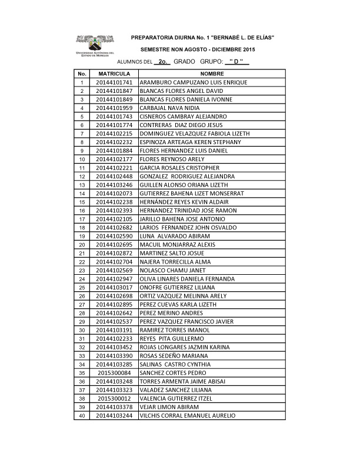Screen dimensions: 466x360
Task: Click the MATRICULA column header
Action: click(114, 74)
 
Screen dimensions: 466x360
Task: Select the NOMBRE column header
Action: click(211, 74)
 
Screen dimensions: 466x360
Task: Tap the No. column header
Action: click(82, 74)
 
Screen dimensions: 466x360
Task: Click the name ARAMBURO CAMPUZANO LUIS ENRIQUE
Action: click(193, 82)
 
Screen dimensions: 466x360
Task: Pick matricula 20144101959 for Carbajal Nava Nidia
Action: click(114, 108)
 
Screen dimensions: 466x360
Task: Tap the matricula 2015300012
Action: click(114, 398)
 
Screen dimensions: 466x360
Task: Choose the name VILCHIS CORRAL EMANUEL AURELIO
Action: click(187, 415)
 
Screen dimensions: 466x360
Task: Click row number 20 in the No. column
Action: click(82, 245)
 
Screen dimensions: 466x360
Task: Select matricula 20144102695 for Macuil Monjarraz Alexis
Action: click(114, 245)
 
